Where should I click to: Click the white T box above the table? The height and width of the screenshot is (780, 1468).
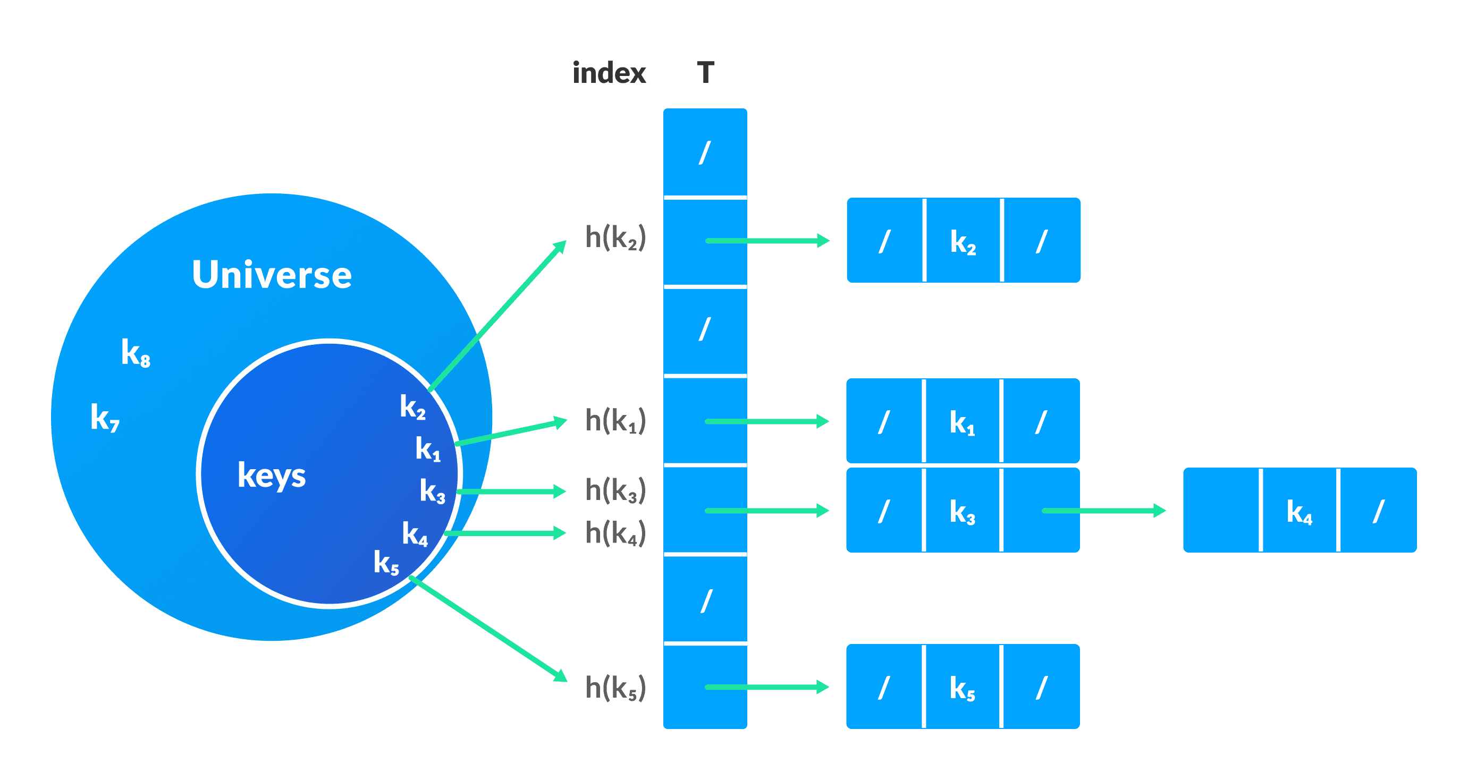point(705,71)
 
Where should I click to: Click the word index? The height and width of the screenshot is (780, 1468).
point(609,73)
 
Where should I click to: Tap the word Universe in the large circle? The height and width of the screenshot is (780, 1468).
point(272,275)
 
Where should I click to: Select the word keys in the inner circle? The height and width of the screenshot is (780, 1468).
point(271,476)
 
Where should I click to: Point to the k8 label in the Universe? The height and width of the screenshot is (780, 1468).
point(136,353)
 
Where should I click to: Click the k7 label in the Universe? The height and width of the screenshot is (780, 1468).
point(105,418)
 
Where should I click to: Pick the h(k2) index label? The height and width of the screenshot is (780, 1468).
point(615,238)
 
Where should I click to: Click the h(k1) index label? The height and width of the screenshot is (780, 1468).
point(615,421)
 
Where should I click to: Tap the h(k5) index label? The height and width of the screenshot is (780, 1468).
point(615,688)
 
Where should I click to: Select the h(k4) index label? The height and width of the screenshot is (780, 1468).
point(615,533)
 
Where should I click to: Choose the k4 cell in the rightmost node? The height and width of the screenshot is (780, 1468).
point(1299,511)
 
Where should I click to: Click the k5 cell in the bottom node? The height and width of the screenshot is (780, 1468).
point(962,688)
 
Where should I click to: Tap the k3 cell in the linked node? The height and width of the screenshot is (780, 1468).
point(962,511)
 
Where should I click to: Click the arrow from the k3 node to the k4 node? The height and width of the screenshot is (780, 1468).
point(1103,511)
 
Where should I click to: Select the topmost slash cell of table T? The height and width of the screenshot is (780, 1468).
point(705,152)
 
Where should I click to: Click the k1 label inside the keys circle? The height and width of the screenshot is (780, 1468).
point(427,449)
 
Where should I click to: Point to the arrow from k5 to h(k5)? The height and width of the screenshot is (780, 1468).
point(489,629)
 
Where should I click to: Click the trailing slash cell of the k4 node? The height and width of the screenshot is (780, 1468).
point(1378,511)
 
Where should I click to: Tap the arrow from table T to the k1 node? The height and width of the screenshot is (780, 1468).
point(766,422)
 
